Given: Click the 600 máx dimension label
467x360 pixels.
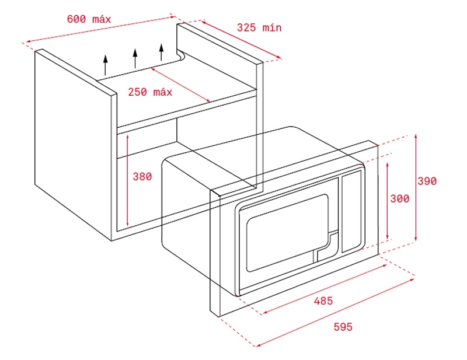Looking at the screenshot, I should click(x=89, y=19).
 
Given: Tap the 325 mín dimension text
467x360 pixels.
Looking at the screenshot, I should click(x=259, y=27).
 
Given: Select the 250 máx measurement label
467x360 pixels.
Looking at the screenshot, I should click(x=150, y=92).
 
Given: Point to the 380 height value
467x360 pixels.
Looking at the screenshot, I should click(x=142, y=176).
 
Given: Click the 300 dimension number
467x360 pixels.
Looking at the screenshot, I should click(x=399, y=199).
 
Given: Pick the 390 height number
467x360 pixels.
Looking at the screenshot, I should click(x=427, y=181).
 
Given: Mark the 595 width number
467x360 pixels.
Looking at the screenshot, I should click(x=343, y=327).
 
